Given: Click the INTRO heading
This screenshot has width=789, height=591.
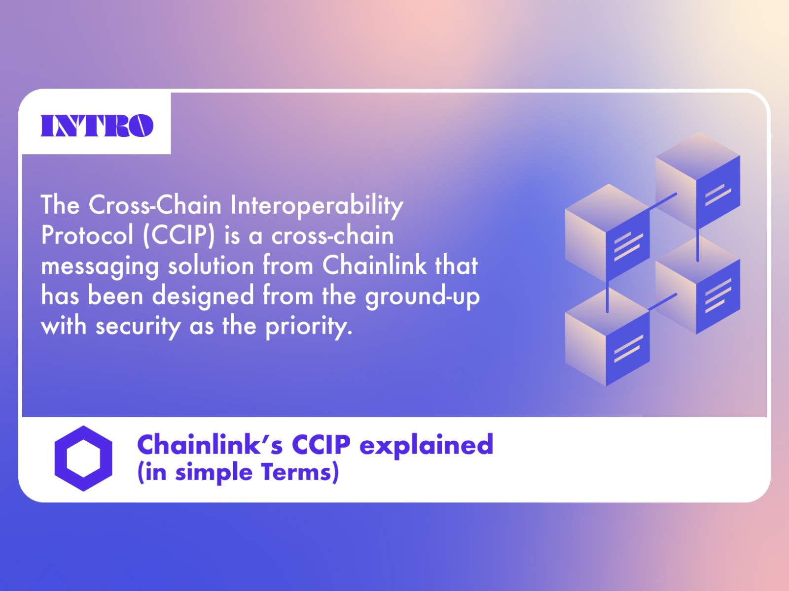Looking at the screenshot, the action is coord(97,126).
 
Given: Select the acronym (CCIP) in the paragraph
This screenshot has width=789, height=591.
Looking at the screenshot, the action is coord(179,235).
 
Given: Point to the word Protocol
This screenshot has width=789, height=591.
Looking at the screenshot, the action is coord(87,235).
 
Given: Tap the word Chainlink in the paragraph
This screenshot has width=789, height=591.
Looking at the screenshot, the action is coord(374,265).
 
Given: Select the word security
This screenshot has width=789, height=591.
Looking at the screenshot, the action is coord(138,327).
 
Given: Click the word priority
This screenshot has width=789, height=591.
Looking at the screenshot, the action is coord(309,327).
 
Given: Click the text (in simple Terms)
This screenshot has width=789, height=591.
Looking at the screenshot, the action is coord(238,472).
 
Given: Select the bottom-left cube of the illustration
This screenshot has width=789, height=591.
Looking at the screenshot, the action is coord(607,337).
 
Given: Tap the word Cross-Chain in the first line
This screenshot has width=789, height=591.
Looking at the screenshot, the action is coord(155,205).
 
